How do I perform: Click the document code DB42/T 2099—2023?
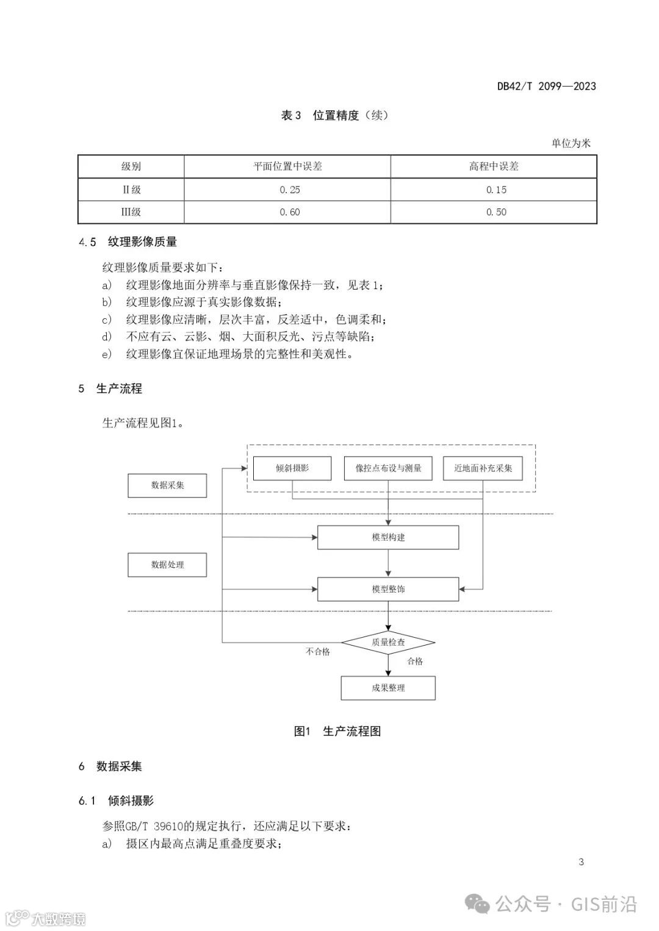(546, 86)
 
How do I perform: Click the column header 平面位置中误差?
(287, 166)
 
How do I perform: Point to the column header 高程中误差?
(494, 166)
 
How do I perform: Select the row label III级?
(131, 212)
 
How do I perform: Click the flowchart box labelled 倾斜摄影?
(292, 468)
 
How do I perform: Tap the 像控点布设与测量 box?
(388, 468)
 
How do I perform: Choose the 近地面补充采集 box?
(483, 468)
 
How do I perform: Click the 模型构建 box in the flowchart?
(388, 537)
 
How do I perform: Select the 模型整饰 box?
(388, 589)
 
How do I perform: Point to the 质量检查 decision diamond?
(388, 642)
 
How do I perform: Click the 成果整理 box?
(388, 688)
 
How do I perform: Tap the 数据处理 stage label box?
(167, 565)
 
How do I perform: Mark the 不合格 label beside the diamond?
(317, 652)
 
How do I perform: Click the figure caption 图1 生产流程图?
(337, 731)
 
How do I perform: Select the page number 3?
(582, 861)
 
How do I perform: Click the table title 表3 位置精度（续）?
(334, 115)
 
